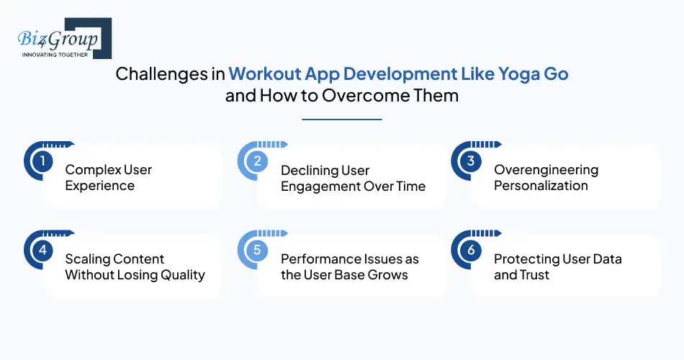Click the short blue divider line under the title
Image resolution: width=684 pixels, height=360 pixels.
(342, 119)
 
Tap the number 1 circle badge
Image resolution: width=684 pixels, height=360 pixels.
(42, 161)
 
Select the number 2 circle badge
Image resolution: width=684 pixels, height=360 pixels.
(256, 161)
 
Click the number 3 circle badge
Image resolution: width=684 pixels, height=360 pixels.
(470, 161)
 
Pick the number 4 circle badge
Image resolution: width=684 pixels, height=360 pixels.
(42, 251)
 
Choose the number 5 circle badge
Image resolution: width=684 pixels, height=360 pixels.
(256, 251)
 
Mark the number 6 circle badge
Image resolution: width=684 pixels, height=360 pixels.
(470, 251)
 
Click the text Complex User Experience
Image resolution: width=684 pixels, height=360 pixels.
(108, 178)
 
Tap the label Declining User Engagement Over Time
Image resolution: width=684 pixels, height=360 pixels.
(353, 178)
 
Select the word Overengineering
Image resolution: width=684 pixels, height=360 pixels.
(546, 170)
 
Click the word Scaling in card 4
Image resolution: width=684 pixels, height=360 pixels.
(89, 259)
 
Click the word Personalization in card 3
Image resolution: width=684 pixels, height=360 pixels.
(541, 186)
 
